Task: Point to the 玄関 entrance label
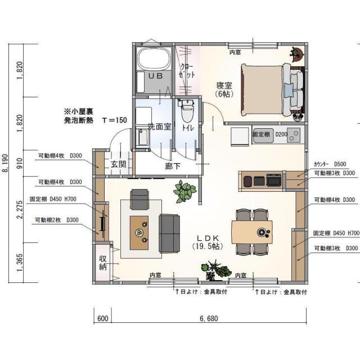pos(118,164)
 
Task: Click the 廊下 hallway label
pos(173,166)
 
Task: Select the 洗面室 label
pos(159,127)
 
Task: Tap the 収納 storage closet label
pos(103,263)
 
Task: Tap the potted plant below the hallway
pos(184,191)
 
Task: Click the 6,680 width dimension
pos(209,318)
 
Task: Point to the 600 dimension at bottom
pos(103,318)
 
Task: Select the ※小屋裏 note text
pos(82,112)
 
